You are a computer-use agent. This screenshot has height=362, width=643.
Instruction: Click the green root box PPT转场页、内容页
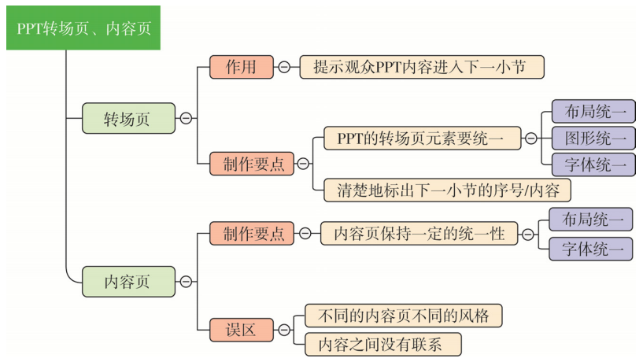point(83,28)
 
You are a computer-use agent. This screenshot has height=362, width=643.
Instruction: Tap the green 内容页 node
point(128,281)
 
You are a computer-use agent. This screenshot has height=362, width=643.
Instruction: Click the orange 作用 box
point(241,67)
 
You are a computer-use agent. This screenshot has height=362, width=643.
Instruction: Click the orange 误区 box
point(241,330)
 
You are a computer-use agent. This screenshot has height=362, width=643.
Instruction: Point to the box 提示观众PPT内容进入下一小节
point(421,67)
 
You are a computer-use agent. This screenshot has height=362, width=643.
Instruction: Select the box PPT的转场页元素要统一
point(422,138)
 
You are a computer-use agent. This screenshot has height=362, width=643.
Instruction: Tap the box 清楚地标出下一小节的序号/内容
point(446,190)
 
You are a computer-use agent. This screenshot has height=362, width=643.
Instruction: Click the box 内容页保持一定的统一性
point(419,234)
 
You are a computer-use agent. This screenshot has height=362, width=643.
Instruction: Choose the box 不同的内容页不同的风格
point(402,316)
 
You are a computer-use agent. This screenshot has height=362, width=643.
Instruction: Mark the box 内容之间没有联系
point(377,344)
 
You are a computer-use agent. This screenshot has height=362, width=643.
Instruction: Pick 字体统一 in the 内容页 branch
point(590,248)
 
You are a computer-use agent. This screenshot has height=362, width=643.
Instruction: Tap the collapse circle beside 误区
point(284,330)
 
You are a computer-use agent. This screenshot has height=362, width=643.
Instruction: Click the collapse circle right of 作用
point(284,67)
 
